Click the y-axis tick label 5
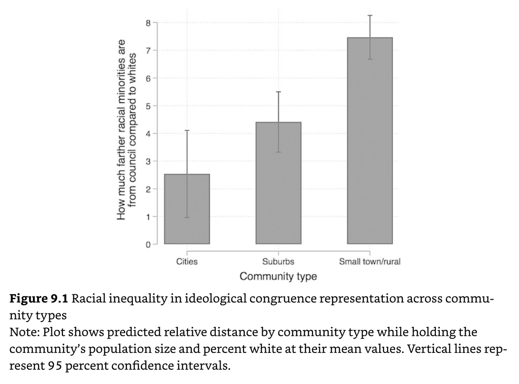148,106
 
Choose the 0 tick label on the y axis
148,245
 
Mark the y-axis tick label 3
148,161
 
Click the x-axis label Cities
187,262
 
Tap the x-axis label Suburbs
278,262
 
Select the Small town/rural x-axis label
370,262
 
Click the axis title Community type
278,276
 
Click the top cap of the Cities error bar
187,130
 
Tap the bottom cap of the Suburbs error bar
278,152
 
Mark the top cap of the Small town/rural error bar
370,16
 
